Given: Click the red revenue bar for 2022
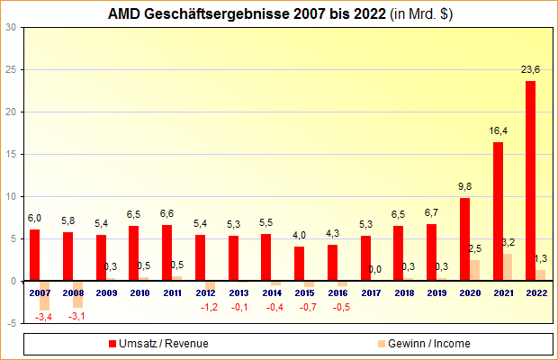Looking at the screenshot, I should tap(530, 180).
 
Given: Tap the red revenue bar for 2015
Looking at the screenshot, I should tap(299, 263).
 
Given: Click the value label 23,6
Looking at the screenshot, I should tap(531, 69).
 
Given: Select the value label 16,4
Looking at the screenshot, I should tap(499, 131).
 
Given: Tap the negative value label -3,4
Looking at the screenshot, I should tap(42, 317).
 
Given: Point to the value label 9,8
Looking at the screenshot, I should tap(464, 187).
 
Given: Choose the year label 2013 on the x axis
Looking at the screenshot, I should tap(239, 292).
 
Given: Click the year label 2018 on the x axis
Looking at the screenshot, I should tap(405, 292).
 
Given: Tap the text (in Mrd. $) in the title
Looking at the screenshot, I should tap(417, 14).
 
